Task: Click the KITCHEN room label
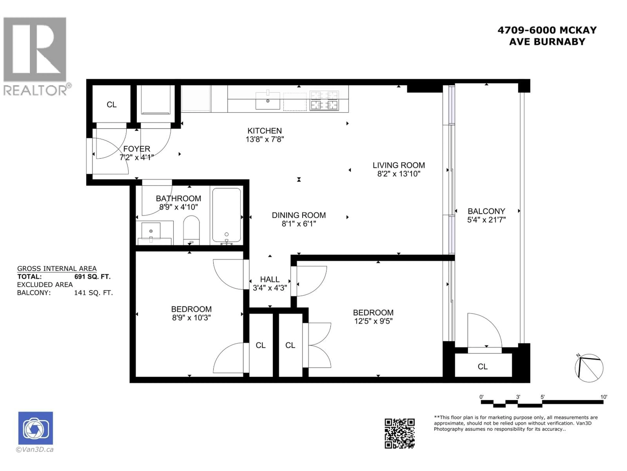[265, 131]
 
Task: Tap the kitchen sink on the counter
[268, 101]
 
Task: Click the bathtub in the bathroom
[226, 215]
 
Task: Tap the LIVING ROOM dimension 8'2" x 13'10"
[399, 174]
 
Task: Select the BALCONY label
[486, 211]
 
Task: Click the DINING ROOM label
[299, 215]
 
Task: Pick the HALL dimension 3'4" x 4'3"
[270, 288]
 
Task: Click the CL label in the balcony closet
[482, 366]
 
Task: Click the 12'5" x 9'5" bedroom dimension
[373, 321]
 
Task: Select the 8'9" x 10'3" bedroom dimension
[191, 318]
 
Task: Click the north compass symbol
[589, 368]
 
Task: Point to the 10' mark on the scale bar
[604, 397]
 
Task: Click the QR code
[399, 434]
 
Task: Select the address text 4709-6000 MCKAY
[547, 30]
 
